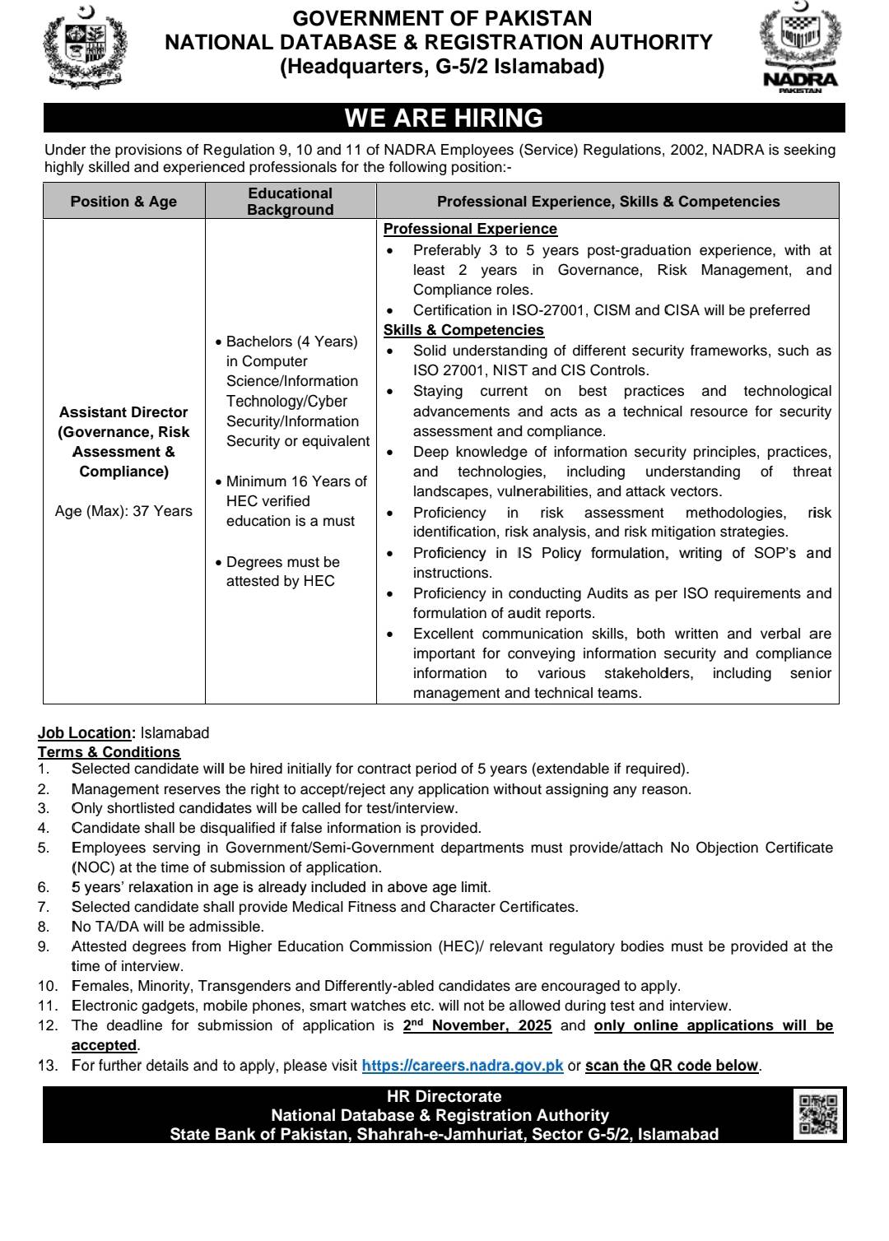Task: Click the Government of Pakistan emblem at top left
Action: (86, 47)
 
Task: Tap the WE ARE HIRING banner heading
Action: (444, 119)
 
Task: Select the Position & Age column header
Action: (123, 202)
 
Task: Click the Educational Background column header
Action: (291, 202)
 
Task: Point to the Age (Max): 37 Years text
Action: (123, 511)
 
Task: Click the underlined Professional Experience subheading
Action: (470, 229)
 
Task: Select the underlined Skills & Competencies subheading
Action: (463, 330)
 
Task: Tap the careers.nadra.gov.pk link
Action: (463, 1066)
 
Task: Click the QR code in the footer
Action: (818, 1115)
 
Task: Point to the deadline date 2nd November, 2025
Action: (477, 1025)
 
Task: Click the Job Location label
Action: (85, 732)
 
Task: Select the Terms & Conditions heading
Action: (109, 752)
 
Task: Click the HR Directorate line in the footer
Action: (444, 1096)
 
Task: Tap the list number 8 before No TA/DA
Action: (44, 927)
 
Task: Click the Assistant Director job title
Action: (123, 412)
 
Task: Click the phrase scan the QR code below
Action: (672, 1066)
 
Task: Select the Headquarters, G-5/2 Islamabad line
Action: (443, 67)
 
